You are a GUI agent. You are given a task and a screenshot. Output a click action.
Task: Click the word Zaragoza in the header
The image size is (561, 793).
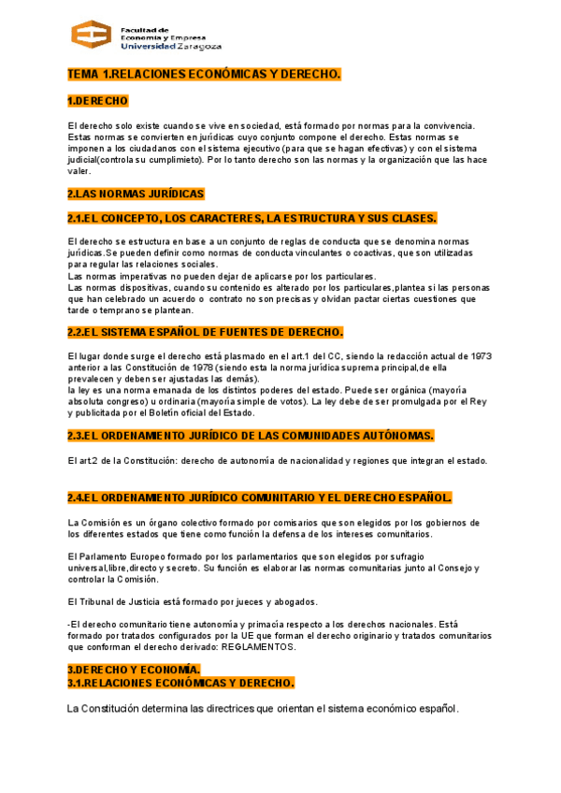(x=198, y=45)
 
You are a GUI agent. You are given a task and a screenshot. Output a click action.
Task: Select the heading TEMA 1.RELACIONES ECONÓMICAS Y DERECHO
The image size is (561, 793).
(x=205, y=73)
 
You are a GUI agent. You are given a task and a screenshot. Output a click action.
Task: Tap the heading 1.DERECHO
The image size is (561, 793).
(x=97, y=100)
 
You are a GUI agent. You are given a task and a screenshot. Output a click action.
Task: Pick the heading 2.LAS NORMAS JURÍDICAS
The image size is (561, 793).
(x=136, y=194)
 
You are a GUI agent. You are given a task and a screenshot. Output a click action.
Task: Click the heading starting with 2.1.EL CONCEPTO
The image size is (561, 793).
(x=252, y=218)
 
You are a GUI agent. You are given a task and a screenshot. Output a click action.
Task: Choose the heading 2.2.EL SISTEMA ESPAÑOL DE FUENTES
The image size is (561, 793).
(x=205, y=332)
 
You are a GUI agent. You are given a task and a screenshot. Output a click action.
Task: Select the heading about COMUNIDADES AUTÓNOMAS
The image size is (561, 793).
(x=251, y=436)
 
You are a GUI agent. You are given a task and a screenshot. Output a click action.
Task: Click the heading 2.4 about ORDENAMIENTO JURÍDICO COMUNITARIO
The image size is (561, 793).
(x=260, y=497)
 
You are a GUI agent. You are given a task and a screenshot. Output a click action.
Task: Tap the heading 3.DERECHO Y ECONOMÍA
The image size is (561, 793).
(x=134, y=670)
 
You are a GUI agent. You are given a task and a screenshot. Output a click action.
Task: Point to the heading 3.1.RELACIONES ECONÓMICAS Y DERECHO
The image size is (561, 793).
(x=180, y=683)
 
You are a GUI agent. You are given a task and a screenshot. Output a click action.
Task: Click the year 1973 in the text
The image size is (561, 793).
(x=481, y=356)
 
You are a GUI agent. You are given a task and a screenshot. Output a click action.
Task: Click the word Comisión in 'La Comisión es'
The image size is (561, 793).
(x=102, y=522)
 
